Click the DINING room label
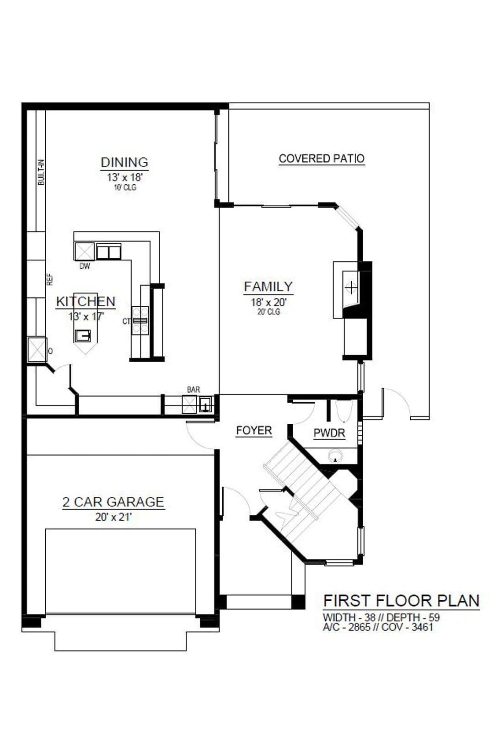click(x=124, y=162)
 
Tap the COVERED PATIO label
click(x=322, y=159)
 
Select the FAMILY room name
click(x=268, y=287)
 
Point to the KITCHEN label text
click(x=86, y=301)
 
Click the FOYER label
click(x=254, y=431)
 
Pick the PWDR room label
click(x=329, y=433)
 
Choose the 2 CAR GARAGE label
click(x=113, y=502)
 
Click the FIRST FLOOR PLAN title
click(x=401, y=601)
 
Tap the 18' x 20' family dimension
click(x=268, y=302)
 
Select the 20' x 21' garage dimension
click(x=113, y=517)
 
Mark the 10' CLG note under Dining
click(x=125, y=187)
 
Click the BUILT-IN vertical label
click(x=41, y=172)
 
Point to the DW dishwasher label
click(x=85, y=266)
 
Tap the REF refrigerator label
click(x=50, y=280)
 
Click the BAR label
click(x=193, y=390)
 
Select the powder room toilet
click(x=343, y=411)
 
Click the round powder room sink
click(x=335, y=456)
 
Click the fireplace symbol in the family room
click(x=351, y=287)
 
